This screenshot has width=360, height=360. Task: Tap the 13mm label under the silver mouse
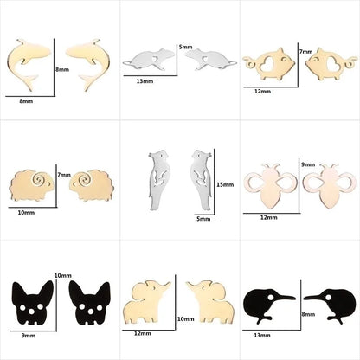point(145,82)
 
